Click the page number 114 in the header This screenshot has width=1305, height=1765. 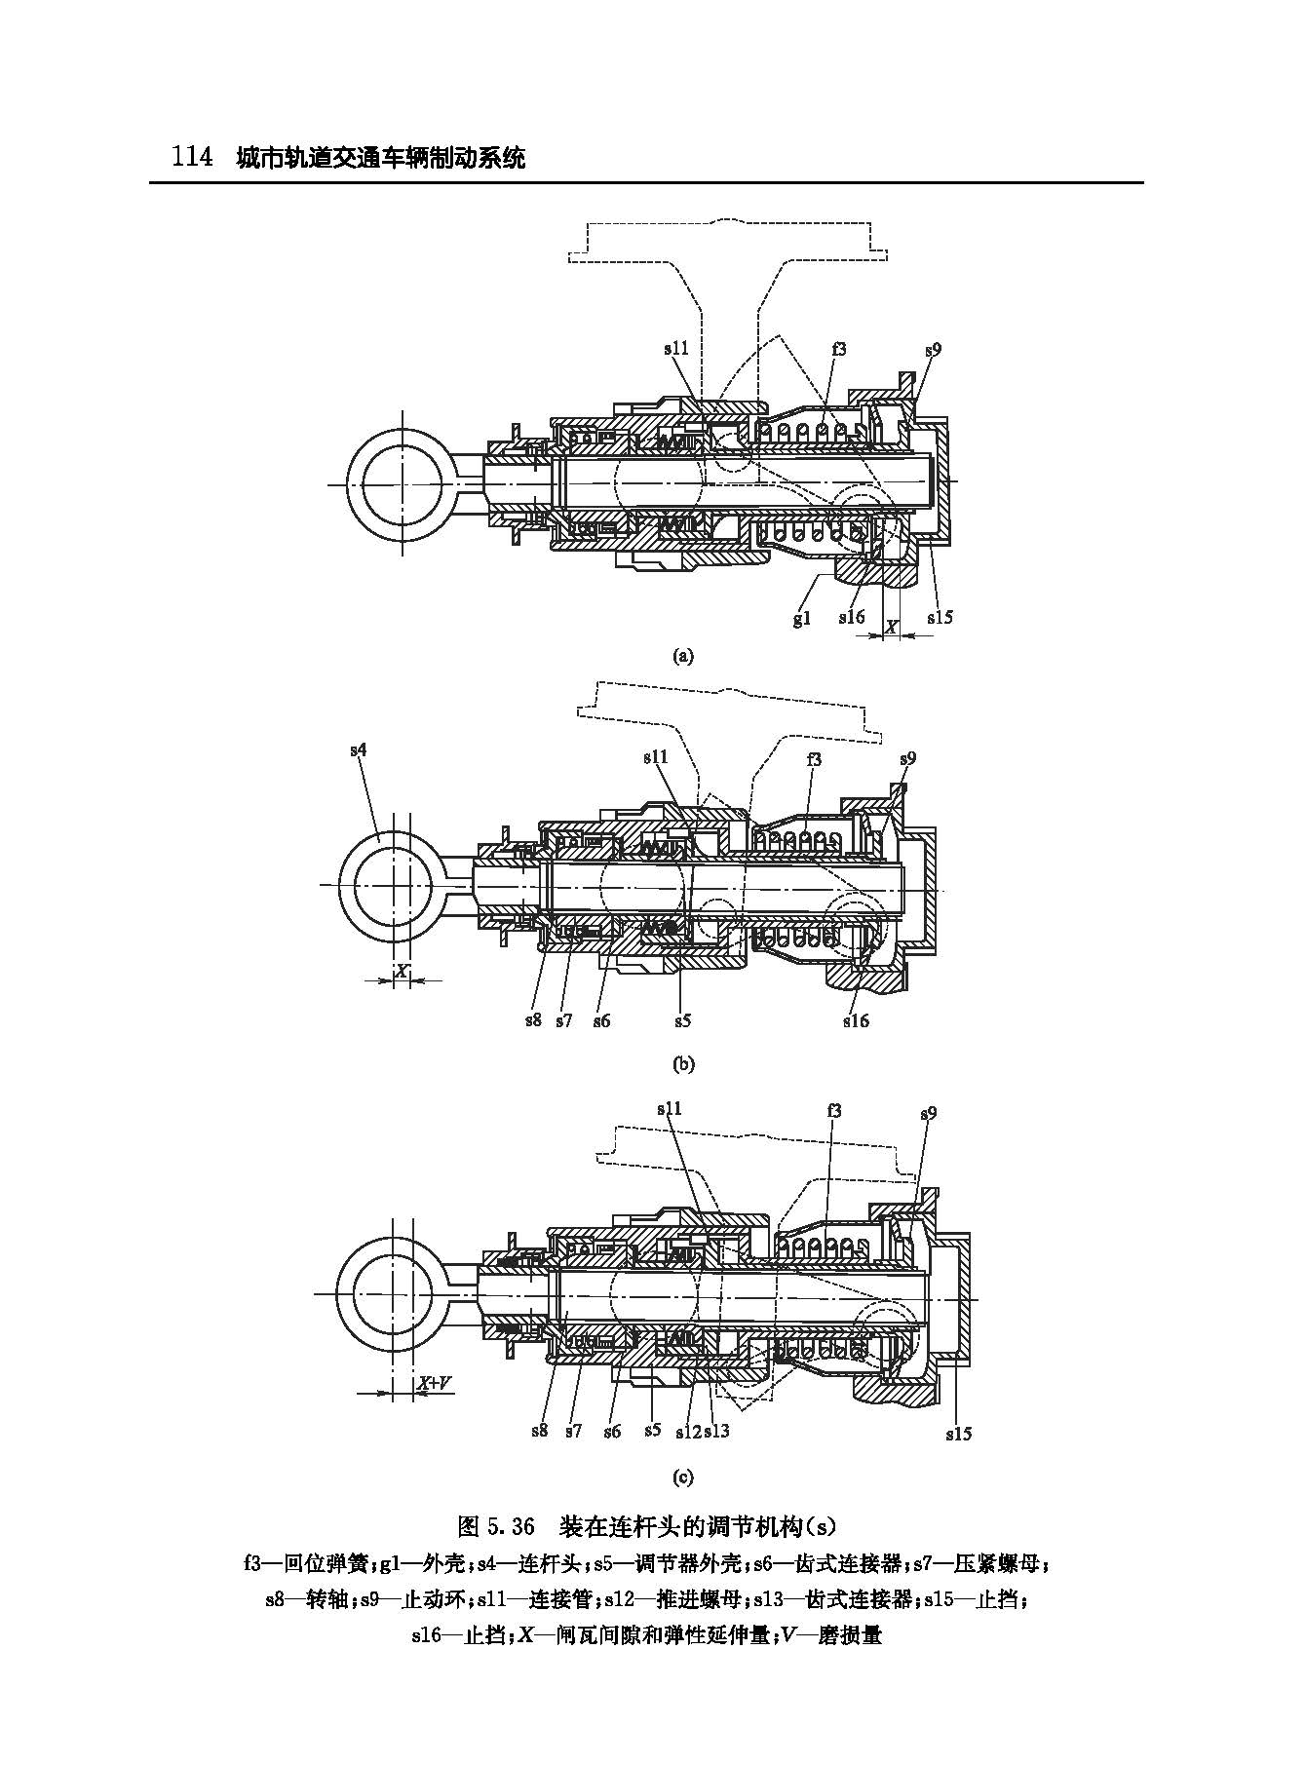click(192, 156)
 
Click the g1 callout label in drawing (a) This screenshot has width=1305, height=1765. click(801, 618)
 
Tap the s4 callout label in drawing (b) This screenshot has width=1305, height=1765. click(360, 749)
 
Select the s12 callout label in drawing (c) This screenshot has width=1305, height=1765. click(688, 1431)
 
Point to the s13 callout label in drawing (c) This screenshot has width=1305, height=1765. click(716, 1431)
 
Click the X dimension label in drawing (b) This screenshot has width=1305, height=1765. click(401, 971)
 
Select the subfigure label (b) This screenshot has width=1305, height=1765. click(682, 1063)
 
